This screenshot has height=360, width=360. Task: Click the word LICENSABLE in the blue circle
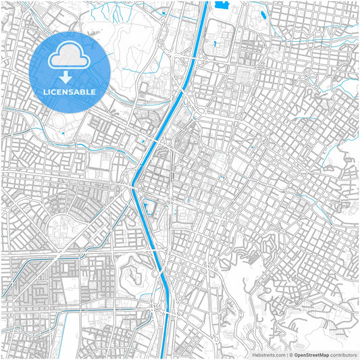tap(70, 91)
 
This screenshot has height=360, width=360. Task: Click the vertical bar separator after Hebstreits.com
tap(286, 354)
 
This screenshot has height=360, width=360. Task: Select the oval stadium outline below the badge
tap(59, 124)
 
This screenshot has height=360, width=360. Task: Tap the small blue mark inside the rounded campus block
tap(214, 44)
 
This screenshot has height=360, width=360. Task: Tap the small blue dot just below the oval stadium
tap(63, 133)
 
